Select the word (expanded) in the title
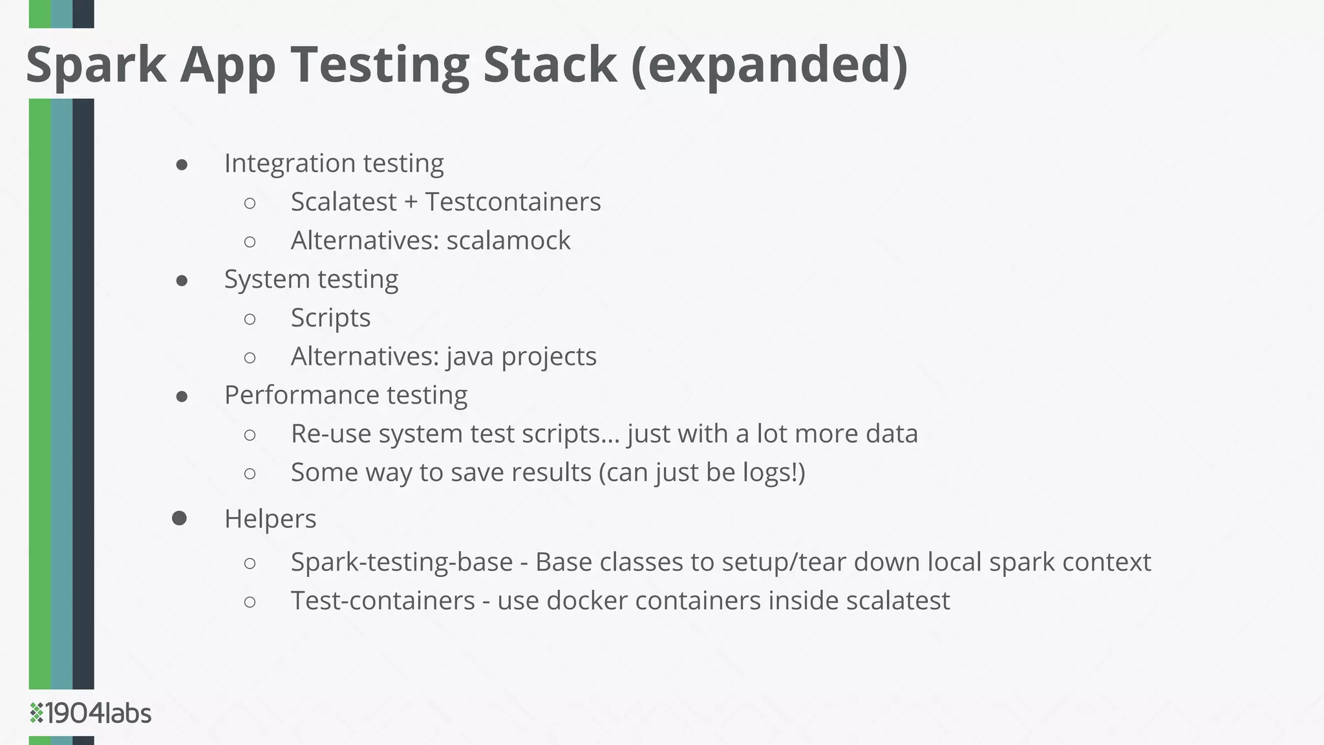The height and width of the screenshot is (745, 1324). pos(769,65)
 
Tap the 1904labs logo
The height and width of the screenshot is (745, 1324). pos(91,713)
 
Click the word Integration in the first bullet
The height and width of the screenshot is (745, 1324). pos(289,163)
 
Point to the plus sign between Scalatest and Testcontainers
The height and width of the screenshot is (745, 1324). pos(411,202)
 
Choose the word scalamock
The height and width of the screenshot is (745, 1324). pos(508,241)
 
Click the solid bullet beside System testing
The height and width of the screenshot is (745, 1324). pos(182,280)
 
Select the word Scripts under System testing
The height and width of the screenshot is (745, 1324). pos(330,318)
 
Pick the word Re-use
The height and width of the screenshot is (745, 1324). pos(330,434)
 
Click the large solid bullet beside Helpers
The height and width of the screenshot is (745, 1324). pos(180,518)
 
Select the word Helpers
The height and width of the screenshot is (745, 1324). pos(270,519)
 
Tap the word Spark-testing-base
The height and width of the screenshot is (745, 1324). pos(401,562)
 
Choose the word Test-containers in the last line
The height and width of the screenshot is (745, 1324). pos(383,601)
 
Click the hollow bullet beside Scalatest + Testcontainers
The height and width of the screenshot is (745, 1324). pos(250,203)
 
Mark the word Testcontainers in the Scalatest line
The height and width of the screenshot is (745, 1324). pos(513,202)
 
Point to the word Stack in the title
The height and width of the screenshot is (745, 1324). pos(550,65)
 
